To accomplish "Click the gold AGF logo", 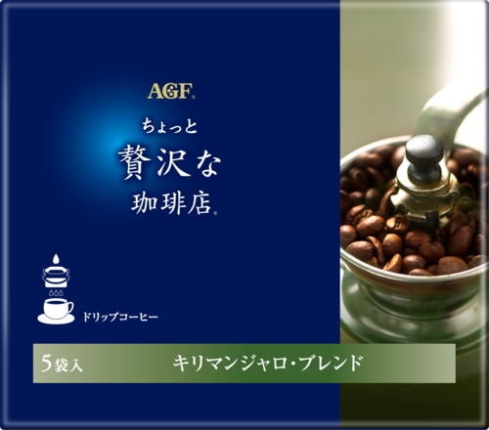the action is [170, 91].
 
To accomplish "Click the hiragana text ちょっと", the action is [170, 127].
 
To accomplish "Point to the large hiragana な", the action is [206, 164].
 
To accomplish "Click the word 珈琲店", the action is [172, 203].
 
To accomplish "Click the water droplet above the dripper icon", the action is [57, 259].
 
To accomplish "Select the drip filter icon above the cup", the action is [57, 277].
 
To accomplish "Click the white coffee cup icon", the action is [58, 308].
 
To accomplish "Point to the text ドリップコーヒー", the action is [120, 317].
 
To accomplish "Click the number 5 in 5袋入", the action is [46, 363].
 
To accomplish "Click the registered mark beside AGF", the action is [194, 97].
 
